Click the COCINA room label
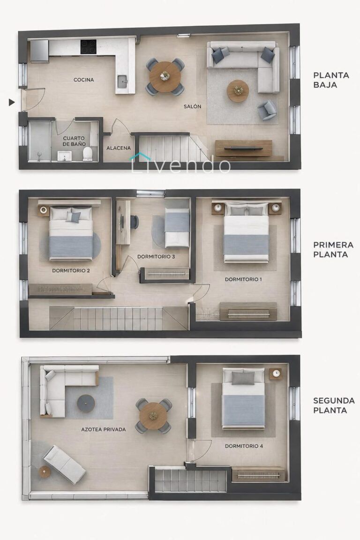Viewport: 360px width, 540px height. point(84,80)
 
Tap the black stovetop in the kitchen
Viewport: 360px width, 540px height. point(89,47)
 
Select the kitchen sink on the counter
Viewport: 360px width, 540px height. point(123,82)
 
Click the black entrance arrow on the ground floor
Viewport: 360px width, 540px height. point(12,102)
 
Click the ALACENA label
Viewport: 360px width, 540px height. point(119,148)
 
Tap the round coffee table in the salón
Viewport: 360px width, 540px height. point(238,91)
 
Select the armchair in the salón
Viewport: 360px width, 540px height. point(267,110)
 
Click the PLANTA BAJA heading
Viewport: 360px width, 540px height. point(331,80)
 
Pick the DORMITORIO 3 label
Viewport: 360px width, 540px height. point(156,256)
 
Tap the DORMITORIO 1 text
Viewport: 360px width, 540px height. point(243,279)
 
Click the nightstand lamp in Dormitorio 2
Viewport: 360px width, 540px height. point(44,210)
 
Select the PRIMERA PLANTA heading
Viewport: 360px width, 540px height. point(333,250)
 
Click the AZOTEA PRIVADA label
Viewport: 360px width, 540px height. point(103,429)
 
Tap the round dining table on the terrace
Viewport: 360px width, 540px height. point(153,416)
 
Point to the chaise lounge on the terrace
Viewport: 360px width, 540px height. point(64,464)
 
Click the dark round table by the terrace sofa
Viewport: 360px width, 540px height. point(86,403)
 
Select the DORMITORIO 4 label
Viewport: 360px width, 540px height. point(244,446)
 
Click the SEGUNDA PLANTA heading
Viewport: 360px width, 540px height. point(334,405)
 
